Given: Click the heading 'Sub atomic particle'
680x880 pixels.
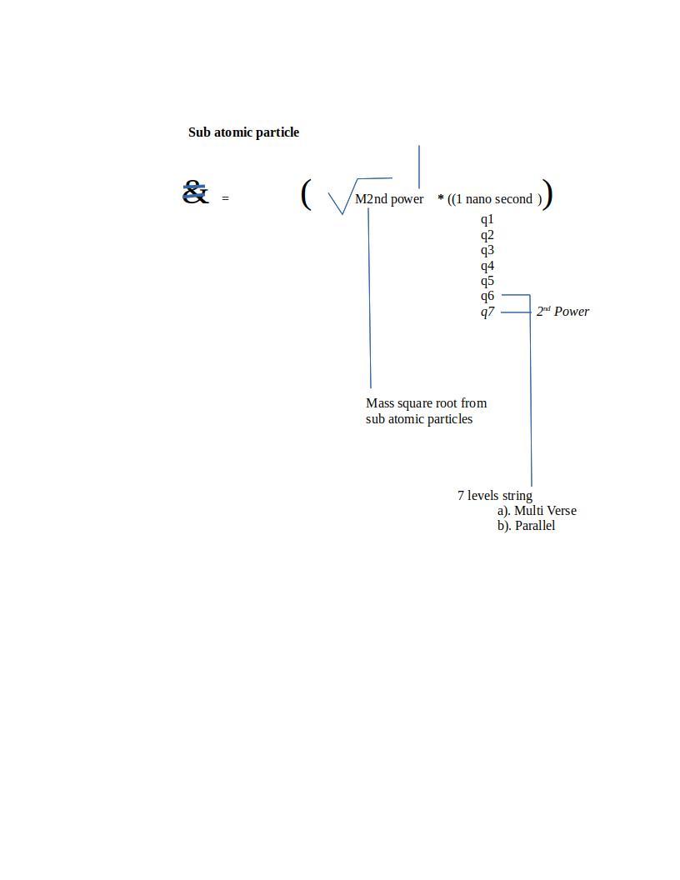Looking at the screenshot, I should click(x=243, y=132).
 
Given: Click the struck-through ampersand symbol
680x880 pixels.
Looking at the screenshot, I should click(x=195, y=192).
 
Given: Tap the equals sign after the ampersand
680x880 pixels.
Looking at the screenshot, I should click(x=225, y=199).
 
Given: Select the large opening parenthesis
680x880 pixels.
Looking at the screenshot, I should click(x=306, y=195).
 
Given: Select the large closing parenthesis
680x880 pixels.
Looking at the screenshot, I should click(x=547, y=195).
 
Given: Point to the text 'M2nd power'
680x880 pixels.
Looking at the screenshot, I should click(x=389, y=199).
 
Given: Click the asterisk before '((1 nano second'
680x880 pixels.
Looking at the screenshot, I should click(x=441, y=198).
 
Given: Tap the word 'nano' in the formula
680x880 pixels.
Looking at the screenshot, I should click(x=479, y=199).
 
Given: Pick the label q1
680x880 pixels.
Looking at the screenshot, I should click(x=487, y=220).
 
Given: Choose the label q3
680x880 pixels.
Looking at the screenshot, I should click(x=487, y=250).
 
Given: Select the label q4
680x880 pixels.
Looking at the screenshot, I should click(x=487, y=266).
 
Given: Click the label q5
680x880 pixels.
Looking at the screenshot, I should click(x=487, y=281).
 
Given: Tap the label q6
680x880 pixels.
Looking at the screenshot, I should click(x=487, y=296).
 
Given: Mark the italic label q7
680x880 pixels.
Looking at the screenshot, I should click(x=487, y=312).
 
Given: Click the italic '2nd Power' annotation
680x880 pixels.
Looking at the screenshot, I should click(x=562, y=312).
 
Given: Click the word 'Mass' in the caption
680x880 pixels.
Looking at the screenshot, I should click(x=380, y=403).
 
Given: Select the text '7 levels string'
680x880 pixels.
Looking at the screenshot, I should click(x=495, y=496).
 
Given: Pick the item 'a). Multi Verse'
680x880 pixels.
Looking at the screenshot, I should click(x=537, y=511).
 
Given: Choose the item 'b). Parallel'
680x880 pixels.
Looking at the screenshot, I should click(x=526, y=526).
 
